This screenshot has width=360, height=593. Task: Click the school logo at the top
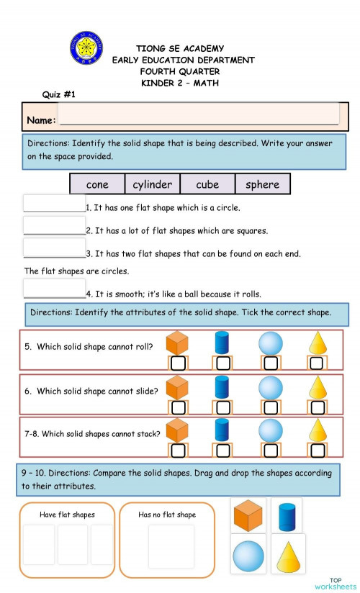point(86,47)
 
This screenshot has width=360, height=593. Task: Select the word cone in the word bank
point(97,184)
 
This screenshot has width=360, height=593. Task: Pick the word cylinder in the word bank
point(153,184)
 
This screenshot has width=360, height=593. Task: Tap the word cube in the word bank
point(207,184)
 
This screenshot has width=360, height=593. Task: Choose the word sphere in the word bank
point(262,184)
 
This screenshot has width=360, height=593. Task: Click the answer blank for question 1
point(54,204)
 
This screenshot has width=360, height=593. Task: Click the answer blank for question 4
point(54,289)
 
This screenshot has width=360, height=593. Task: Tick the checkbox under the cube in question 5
point(177,362)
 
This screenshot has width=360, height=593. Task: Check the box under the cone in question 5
point(316,362)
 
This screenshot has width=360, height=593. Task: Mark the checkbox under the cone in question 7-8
point(316,451)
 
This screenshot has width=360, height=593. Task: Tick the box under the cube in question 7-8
point(177,451)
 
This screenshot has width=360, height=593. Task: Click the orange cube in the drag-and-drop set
point(248,516)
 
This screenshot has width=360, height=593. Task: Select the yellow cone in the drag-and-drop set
point(288,554)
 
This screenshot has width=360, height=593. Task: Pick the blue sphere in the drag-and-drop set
point(248,556)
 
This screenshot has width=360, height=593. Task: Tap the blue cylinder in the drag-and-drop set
point(287,516)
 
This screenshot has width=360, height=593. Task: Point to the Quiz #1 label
point(59,94)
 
